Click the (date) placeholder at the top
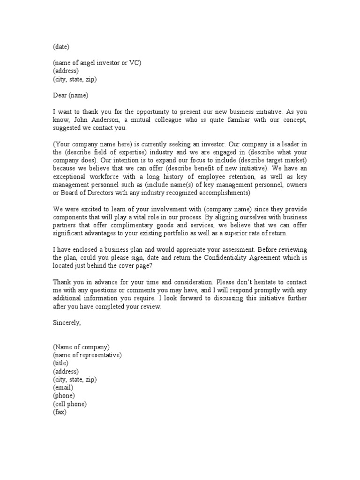pyautogui.click(x=61, y=47)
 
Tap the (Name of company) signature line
pyautogui.click(x=81, y=347)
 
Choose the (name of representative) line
pyautogui.click(x=87, y=355)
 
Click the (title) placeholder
pyautogui.click(x=60, y=363)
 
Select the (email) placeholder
pyautogui.click(x=63, y=387)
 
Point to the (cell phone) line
pyautogui.click(x=70, y=404)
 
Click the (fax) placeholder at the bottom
pyautogui.click(x=60, y=412)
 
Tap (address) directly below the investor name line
pyautogui.click(x=66, y=71)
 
